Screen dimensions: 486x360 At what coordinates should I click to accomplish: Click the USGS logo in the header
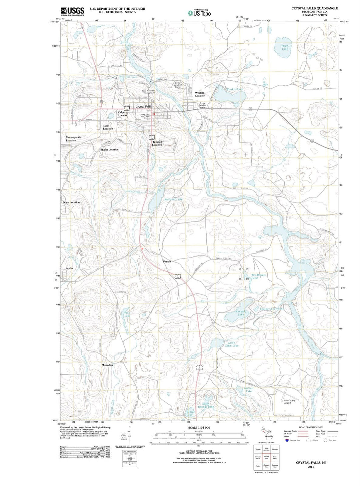pyautogui.click(x=72, y=11)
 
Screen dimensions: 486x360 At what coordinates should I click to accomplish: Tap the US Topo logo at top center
pyautogui.click(x=199, y=13)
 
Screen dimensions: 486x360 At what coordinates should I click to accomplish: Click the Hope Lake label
pyautogui.click(x=285, y=47)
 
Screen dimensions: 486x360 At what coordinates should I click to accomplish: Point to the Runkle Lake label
pyautogui.click(x=235, y=89)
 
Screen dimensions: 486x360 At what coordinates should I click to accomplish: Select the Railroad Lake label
pyautogui.click(x=173, y=199)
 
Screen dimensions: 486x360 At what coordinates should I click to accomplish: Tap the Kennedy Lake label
pyautogui.click(x=241, y=313)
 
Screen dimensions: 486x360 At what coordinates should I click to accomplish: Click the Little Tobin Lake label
pyautogui.click(x=232, y=344)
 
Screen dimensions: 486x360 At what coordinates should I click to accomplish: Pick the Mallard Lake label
pyautogui.click(x=249, y=390)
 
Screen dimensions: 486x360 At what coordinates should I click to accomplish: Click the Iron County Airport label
pyautogui.click(x=289, y=402)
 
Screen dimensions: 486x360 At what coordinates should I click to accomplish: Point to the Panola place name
pyautogui.click(x=167, y=262)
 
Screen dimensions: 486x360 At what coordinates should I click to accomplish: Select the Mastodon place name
pyautogui.click(x=107, y=365)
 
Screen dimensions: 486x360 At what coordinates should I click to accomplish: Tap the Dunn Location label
pyautogui.click(x=71, y=202)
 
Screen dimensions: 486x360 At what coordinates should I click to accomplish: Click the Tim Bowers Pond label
pyautogui.click(x=258, y=276)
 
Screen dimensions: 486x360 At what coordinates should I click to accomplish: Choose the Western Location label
pyautogui.click(x=200, y=94)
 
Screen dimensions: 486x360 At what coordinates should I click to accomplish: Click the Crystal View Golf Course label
pyautogui.click(x=178, y=85)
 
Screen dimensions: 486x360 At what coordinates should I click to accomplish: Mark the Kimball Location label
pyautogui.click(x=157, y=143)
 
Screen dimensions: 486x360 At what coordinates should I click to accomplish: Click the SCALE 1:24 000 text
pyautogui.click(x=199, y=428)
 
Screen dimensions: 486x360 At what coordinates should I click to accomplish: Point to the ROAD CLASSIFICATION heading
pyautogui.click(x=311, y=427)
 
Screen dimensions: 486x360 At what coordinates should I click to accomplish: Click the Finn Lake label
pyautogui.click(x=127, y=314)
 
